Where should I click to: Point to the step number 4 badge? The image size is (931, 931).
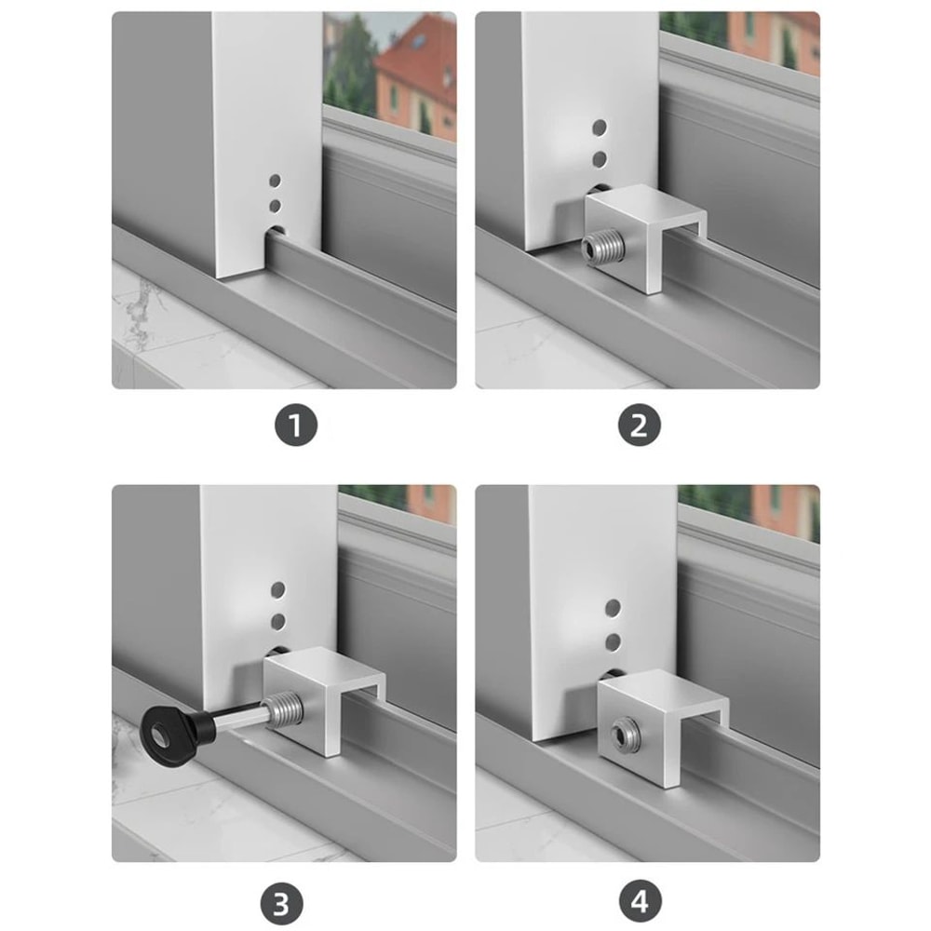639,903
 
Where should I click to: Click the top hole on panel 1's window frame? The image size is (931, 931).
274,180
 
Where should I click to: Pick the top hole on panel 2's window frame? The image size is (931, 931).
600,127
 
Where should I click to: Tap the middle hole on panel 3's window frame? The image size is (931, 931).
277,620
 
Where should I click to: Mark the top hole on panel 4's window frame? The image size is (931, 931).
613,608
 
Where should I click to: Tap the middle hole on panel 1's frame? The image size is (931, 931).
274,204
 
